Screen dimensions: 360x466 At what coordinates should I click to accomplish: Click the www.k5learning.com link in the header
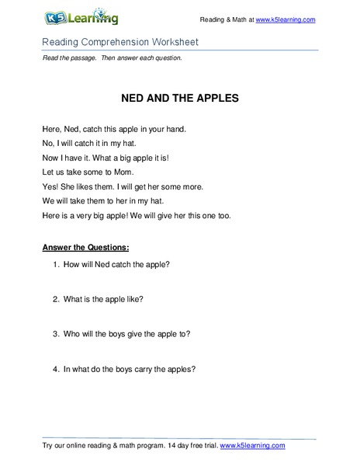[x=285, y=19]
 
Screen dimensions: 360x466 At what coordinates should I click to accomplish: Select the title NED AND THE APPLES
[x=179, y=100]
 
